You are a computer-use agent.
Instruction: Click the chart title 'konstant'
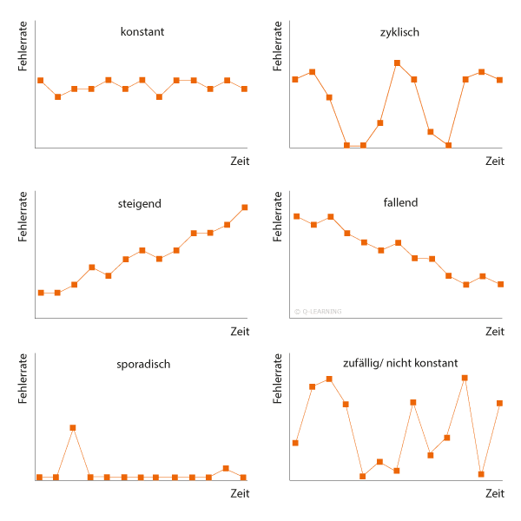(142, 32)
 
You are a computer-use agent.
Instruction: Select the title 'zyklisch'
(400, 32)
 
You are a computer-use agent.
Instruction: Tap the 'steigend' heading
(140, 204)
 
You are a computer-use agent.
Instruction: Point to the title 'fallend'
(399, 203)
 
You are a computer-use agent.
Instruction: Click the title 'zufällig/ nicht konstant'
(400, 363)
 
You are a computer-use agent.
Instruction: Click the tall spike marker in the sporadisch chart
(73, 427)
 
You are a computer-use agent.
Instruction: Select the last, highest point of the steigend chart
(245, 208)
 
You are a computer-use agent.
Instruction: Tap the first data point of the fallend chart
(296, 216)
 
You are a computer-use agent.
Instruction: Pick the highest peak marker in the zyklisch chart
(397, 63)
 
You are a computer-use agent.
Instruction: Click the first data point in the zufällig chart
(295, 443)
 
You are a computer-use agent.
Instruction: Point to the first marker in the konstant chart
(40, 80)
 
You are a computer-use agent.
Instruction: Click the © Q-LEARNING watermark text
(318, 311)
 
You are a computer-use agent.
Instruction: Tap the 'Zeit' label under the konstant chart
(240, 162)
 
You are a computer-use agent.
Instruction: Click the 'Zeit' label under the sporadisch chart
(240, 494)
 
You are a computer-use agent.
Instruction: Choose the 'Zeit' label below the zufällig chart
(495, 494)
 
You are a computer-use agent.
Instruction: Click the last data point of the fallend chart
(501, 285)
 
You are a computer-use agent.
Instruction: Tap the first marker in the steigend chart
(41, 293)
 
